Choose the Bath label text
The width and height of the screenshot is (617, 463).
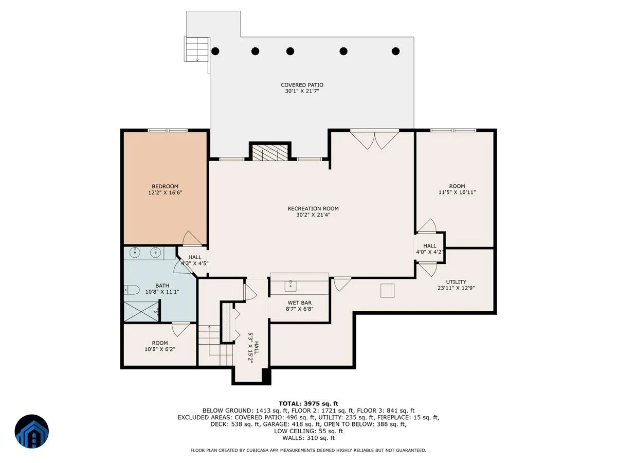162,286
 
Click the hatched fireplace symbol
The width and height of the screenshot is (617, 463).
270,153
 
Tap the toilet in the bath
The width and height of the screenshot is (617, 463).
132,290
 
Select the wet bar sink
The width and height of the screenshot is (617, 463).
291,286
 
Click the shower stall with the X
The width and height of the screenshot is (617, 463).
141,311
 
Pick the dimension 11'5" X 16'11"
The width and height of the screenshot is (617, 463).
457,192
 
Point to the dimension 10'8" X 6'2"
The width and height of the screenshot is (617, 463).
160,349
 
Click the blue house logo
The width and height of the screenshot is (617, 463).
32,431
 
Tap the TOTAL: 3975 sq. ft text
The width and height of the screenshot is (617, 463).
308,404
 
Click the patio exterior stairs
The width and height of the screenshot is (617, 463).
197,49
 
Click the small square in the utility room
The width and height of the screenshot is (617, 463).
387,291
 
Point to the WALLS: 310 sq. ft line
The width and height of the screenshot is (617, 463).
308,438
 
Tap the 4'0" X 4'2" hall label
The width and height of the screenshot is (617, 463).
429,252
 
